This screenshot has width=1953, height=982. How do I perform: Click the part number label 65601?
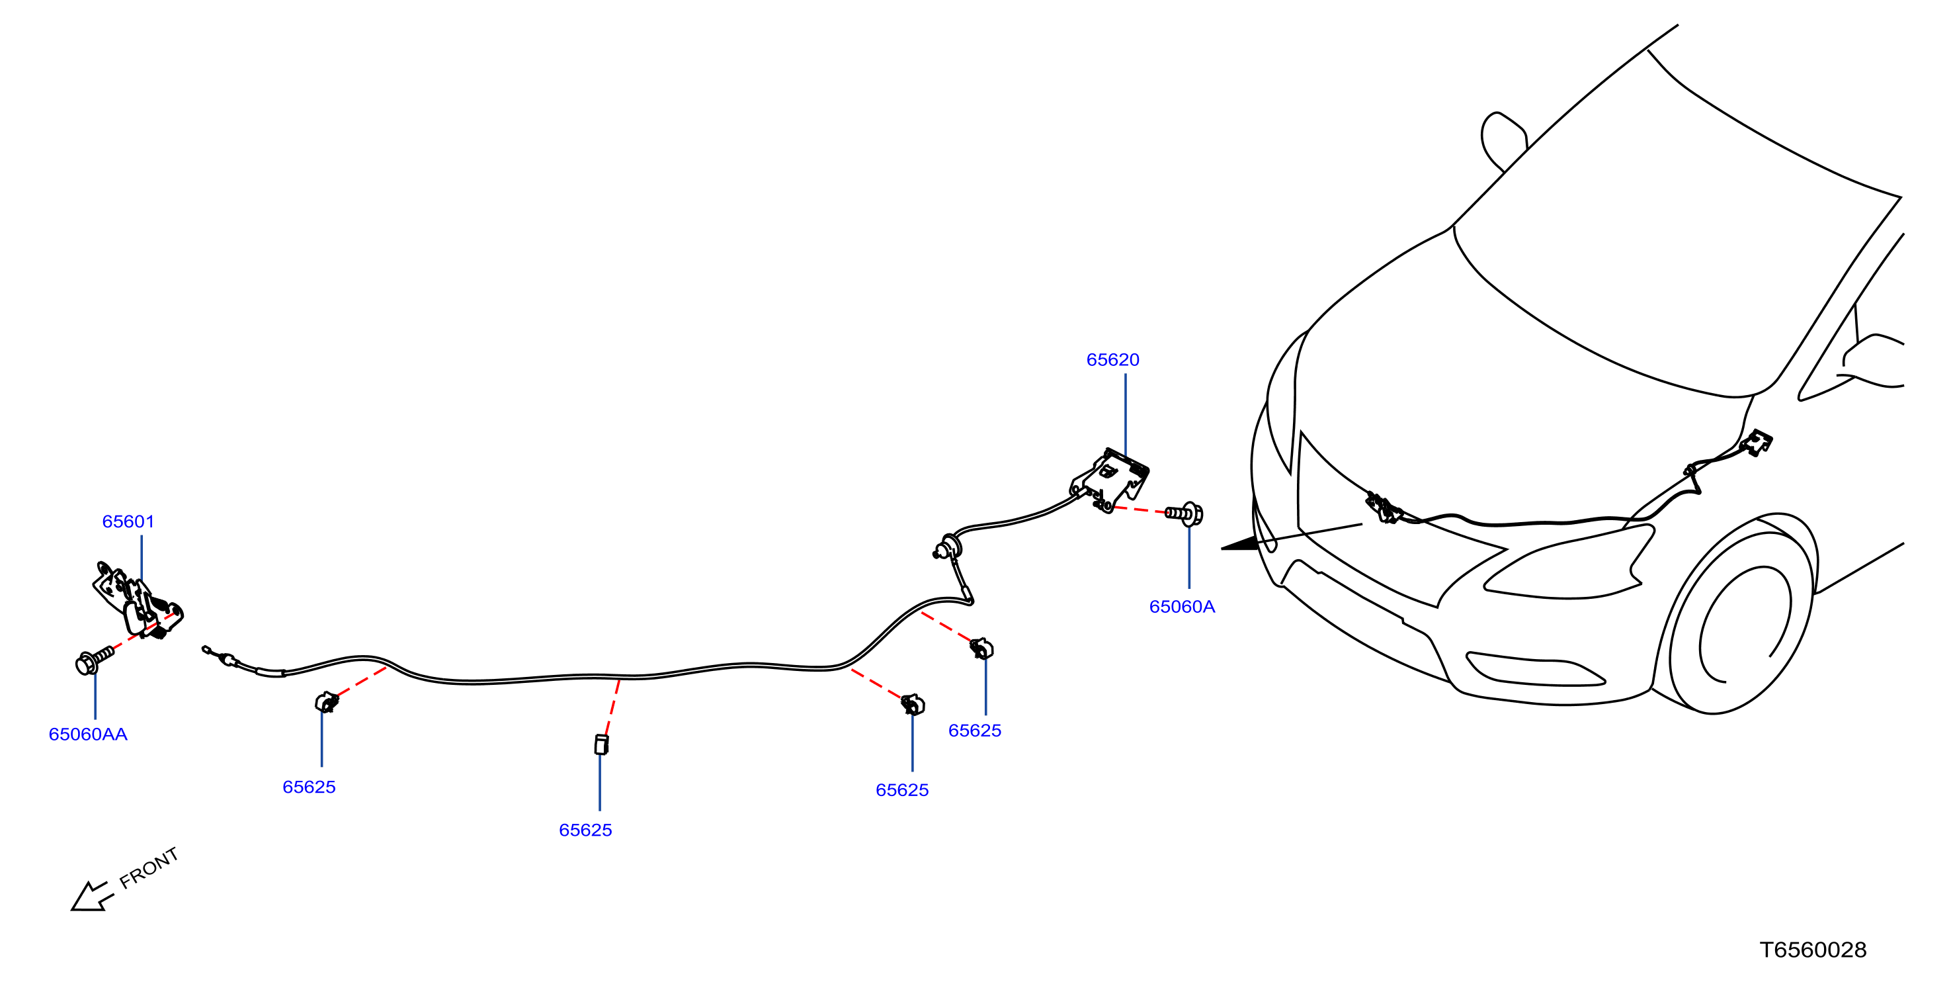[128, 521]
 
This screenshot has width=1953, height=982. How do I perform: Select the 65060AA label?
[88, 734]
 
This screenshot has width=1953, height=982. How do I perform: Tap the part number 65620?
[1112, 359]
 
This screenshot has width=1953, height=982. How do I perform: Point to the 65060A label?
[1182, 607]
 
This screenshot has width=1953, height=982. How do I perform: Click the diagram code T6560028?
[1813, 950]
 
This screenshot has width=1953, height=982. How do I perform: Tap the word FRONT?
[149, 868]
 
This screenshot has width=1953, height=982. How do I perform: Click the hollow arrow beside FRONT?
[92, 897]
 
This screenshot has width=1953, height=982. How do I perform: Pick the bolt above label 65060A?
[1184, 513]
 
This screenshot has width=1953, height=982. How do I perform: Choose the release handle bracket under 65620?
[1110, 479]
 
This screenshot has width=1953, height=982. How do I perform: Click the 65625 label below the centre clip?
[585, 830]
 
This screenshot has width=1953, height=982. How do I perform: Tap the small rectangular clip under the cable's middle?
[601, 744]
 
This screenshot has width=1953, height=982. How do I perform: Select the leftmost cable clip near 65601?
[327, 702]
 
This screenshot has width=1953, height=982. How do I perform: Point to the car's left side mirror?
[1503, 141]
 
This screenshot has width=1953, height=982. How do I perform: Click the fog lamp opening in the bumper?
[1534, 669]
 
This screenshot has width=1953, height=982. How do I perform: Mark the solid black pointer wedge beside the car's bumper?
[1239, 543]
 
